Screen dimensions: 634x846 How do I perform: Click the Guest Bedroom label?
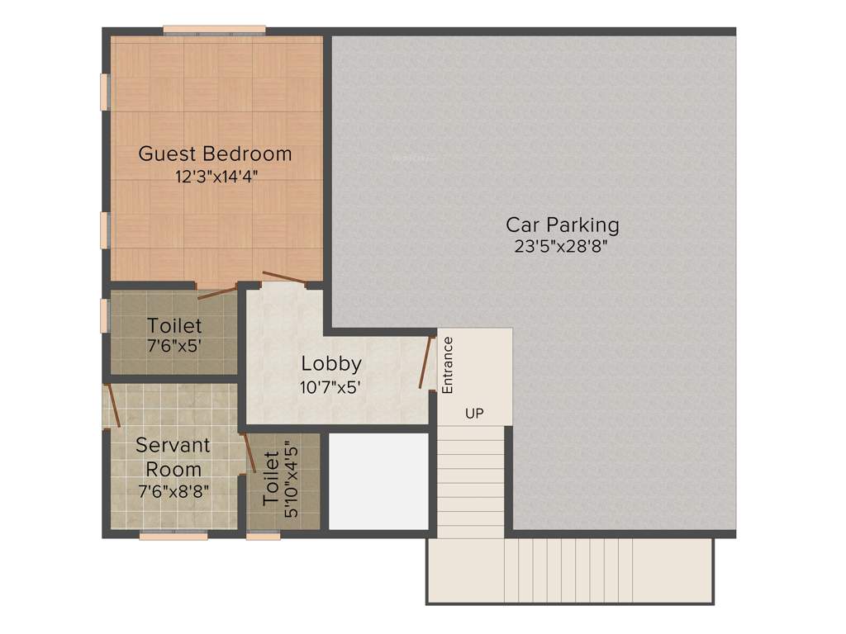point(215,154)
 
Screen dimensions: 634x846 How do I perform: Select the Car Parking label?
point(563,224)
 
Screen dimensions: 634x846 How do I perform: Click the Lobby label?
point(330,363)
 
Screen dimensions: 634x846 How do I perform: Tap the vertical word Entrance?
point(447,364)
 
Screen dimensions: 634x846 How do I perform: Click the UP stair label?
point(474,413)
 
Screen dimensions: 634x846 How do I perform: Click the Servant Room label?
point(173,457)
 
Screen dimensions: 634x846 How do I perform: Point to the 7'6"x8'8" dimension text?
point(173,490)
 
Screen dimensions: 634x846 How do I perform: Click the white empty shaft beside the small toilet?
point(378,481)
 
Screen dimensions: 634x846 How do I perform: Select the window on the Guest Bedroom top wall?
point(214,31)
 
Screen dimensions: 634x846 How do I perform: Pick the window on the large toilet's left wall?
point(105,315)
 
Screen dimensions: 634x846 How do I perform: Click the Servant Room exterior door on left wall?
point(112,405)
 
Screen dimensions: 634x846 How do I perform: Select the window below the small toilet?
point(264,536)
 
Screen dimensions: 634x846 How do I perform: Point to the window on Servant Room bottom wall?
point(173,536)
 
